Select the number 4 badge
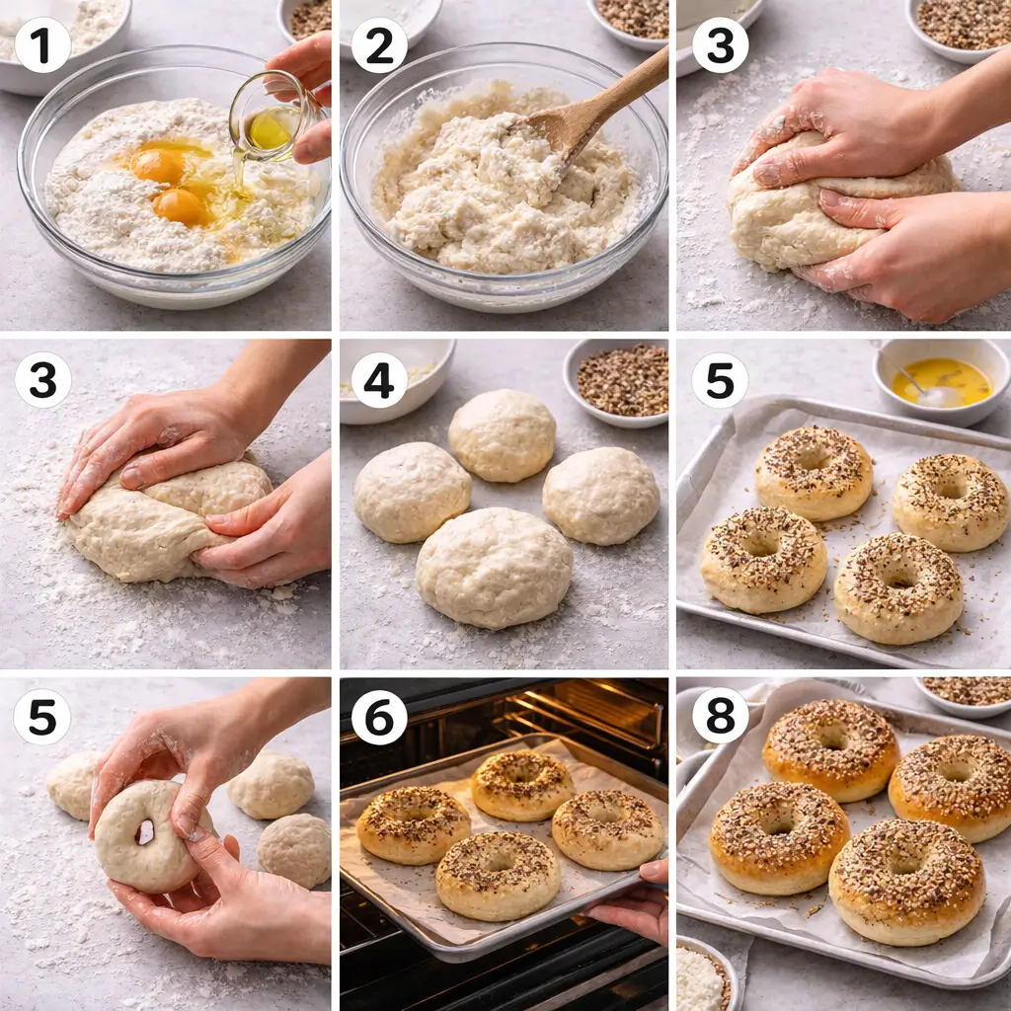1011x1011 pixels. pos(379,381)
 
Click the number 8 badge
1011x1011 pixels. pos(720,717)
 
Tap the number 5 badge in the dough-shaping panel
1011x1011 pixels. pos(42,717)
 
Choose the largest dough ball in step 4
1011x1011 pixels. pos(494,567)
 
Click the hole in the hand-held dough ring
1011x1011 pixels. pos(146,832)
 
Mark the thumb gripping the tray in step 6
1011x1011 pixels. pos(654,872)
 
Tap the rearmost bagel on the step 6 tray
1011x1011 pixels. pos(522,783)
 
